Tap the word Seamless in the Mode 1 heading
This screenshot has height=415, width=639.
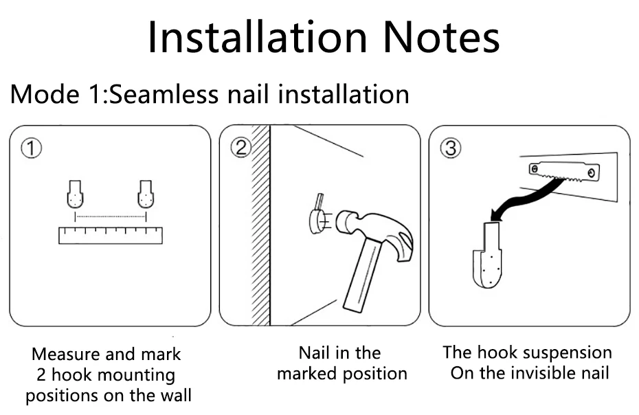[164, 94]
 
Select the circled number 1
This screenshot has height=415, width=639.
[31, 148]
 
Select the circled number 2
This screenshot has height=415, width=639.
[241, 147]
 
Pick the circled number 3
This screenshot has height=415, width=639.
[451, 148]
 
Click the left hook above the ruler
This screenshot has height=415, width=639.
[75, 194]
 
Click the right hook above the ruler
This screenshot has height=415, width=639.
[146, 194]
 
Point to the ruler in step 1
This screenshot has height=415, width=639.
[111, 236]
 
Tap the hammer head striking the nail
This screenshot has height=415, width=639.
[375, 234]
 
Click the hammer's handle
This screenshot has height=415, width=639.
[363, 275]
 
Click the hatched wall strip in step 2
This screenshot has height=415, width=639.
[260, 225]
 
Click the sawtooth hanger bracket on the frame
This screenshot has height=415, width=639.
[564, 171]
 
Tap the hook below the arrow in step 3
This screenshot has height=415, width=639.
[488, 256]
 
